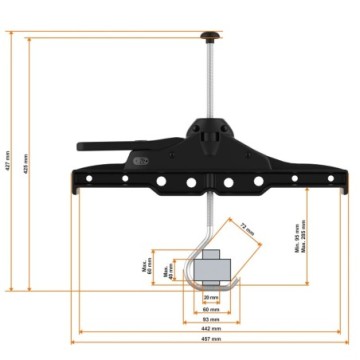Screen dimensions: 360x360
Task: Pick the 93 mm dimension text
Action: (x=209, y=319)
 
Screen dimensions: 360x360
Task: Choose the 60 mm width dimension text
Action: (x=209, y=309)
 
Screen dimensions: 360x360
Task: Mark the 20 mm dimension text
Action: (x=209, y=298)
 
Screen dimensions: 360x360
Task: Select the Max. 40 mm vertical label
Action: (x=169, y=271)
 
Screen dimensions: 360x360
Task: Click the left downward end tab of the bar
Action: (x=77, y=187)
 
